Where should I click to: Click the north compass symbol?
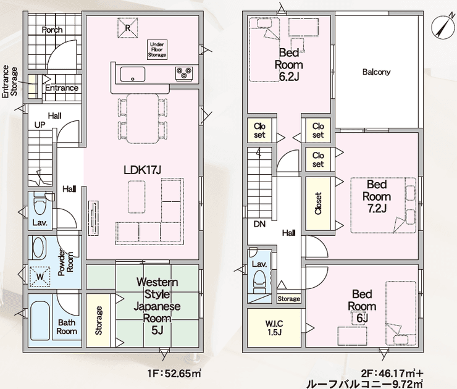[442, 25]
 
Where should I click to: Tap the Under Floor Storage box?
[157, 49]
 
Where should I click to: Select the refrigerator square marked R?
[127, 28]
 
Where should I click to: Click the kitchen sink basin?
[133, 75]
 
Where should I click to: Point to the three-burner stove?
[184, 73]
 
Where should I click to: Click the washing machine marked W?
[40, 276]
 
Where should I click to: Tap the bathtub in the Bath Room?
[40, 320]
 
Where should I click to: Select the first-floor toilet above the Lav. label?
[40, 203]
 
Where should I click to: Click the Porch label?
[52, 30]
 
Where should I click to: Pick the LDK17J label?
[142, 170]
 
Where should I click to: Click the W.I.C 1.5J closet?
[274, 327]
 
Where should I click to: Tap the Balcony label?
[376, 72]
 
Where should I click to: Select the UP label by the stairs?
[40, 125]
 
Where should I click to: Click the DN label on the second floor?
[259, 224]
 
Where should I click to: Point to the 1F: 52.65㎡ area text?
[174, 374]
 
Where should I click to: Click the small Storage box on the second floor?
[288, 299]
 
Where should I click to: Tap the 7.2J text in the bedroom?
[377, 209]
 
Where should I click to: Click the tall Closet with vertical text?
[318, 203]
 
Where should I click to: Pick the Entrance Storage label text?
[10, 82]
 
